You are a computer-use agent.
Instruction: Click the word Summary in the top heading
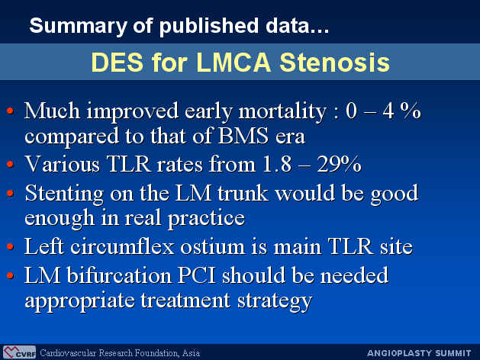[78, 26]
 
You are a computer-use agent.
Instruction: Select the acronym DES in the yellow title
[118, 63]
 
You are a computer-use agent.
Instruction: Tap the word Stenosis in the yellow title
[334, 63]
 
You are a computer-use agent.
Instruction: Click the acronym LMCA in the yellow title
[234, 63]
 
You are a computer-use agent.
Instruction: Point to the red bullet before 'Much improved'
[10, 111]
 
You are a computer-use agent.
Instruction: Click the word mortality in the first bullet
[282, 111]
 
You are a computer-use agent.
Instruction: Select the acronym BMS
[243, 136]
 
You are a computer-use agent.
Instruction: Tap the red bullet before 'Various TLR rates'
[10, 164]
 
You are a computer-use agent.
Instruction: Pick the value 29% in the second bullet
[339, 164]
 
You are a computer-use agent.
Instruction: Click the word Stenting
[64, 194]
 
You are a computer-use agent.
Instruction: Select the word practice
[206, 219]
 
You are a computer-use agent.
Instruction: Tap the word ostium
[213, 247]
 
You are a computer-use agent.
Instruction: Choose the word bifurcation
[119, 275]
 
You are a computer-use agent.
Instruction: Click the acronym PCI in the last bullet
[197, 275]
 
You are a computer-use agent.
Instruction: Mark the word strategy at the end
[275, 301]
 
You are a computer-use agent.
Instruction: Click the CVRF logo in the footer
[19, 352]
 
